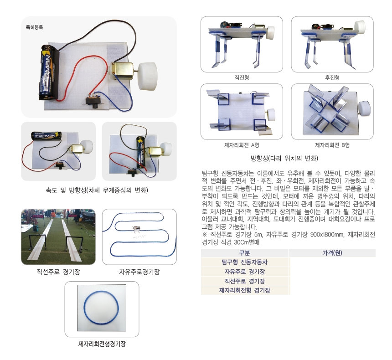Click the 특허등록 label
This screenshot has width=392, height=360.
pyautogui.click(x=35, y=27)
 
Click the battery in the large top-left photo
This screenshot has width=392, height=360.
pyautogui.click(x=49, y=72)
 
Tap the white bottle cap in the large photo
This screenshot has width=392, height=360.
pyautogui.click(x=148, y=77)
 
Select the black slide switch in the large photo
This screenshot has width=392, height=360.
pyautogui.click(x=93, y=102)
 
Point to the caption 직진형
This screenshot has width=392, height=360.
pyautogui.click(x=242, y=77)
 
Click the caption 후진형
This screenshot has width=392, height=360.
pyautogui.click(x=332, y=77)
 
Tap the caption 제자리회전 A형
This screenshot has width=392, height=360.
pyautogui.click(x=242, y=145)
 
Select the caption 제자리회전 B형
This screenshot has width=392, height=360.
pyautogui.click(x=332, y=145)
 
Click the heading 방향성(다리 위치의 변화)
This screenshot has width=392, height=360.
pyautogui.click(x=284, y=158)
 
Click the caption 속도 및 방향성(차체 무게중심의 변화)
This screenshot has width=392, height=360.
pyautogui.click(x=97, y=190)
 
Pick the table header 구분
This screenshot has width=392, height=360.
pyautogui.click(x=244, y=253)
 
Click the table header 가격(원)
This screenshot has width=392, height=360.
pyautogui.click(x=332, y=253)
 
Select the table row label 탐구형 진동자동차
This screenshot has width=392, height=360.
pyautogui.click(x=244, y=262)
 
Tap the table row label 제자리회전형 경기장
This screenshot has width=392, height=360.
pyautogui.click(x=244, y=290)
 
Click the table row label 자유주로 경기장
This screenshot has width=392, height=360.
pyautogui.click(x=244, y=272)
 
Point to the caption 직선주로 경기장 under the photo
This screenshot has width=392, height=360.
pyautogui.click(x=58, y=272)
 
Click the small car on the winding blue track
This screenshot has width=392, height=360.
pyautogui.click(x=136, y=228)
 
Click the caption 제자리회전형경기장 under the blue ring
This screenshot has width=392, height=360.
pyautogui.click(x=102, y=344)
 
